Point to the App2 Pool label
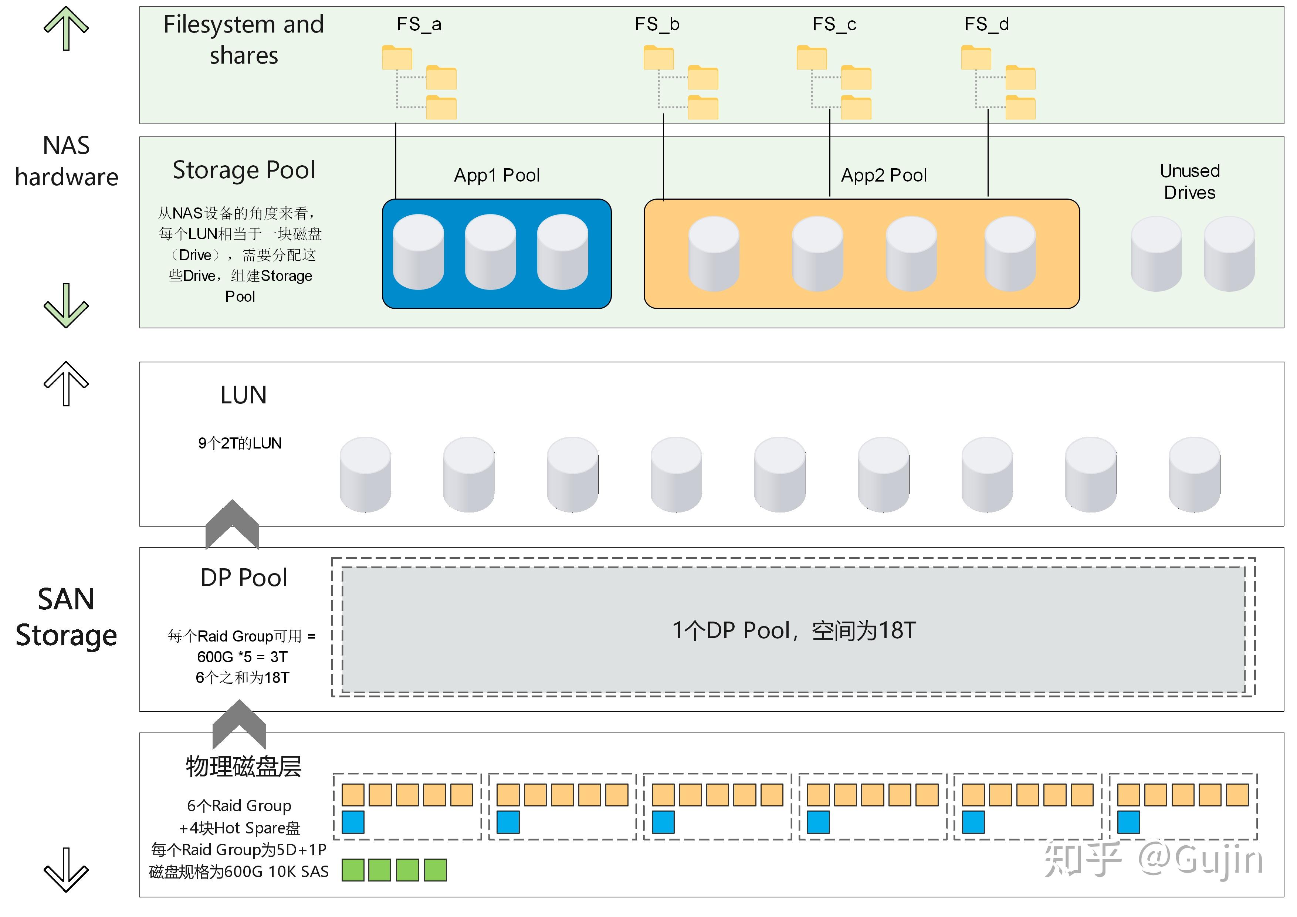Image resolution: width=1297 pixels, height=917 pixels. click(884, 175)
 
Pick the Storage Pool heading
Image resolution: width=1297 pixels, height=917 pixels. click(244, 169)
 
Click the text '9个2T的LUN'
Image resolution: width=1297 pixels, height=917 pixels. click(240, 443)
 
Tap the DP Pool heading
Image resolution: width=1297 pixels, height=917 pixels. click(244, 578)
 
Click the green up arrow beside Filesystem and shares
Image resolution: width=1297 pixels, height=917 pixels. click(66, 28)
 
